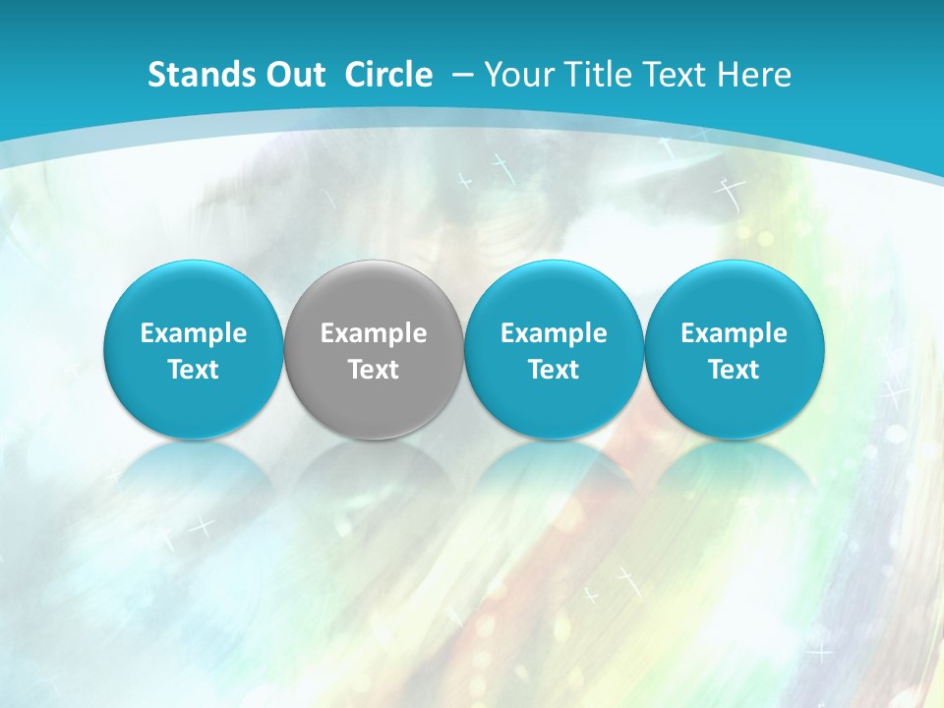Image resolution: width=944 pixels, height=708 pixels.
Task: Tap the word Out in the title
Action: coord(292,75)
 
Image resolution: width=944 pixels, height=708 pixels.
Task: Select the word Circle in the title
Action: coord(388,75)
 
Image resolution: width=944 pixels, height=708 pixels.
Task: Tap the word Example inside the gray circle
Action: coord(374,333)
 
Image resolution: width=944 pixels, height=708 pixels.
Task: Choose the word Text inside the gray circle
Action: coord(374,370)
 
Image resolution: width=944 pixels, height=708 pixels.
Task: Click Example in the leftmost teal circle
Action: coord(194,333)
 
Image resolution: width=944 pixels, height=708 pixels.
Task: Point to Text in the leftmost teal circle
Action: coord(194,370)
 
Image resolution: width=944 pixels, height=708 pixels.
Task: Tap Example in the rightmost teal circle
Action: coord(735,333)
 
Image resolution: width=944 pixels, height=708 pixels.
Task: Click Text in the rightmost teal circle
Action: coord(735,370)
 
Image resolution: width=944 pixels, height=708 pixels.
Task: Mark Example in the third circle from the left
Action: coord(554,333)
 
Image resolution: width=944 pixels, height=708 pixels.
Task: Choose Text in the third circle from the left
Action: coord(554,370)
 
